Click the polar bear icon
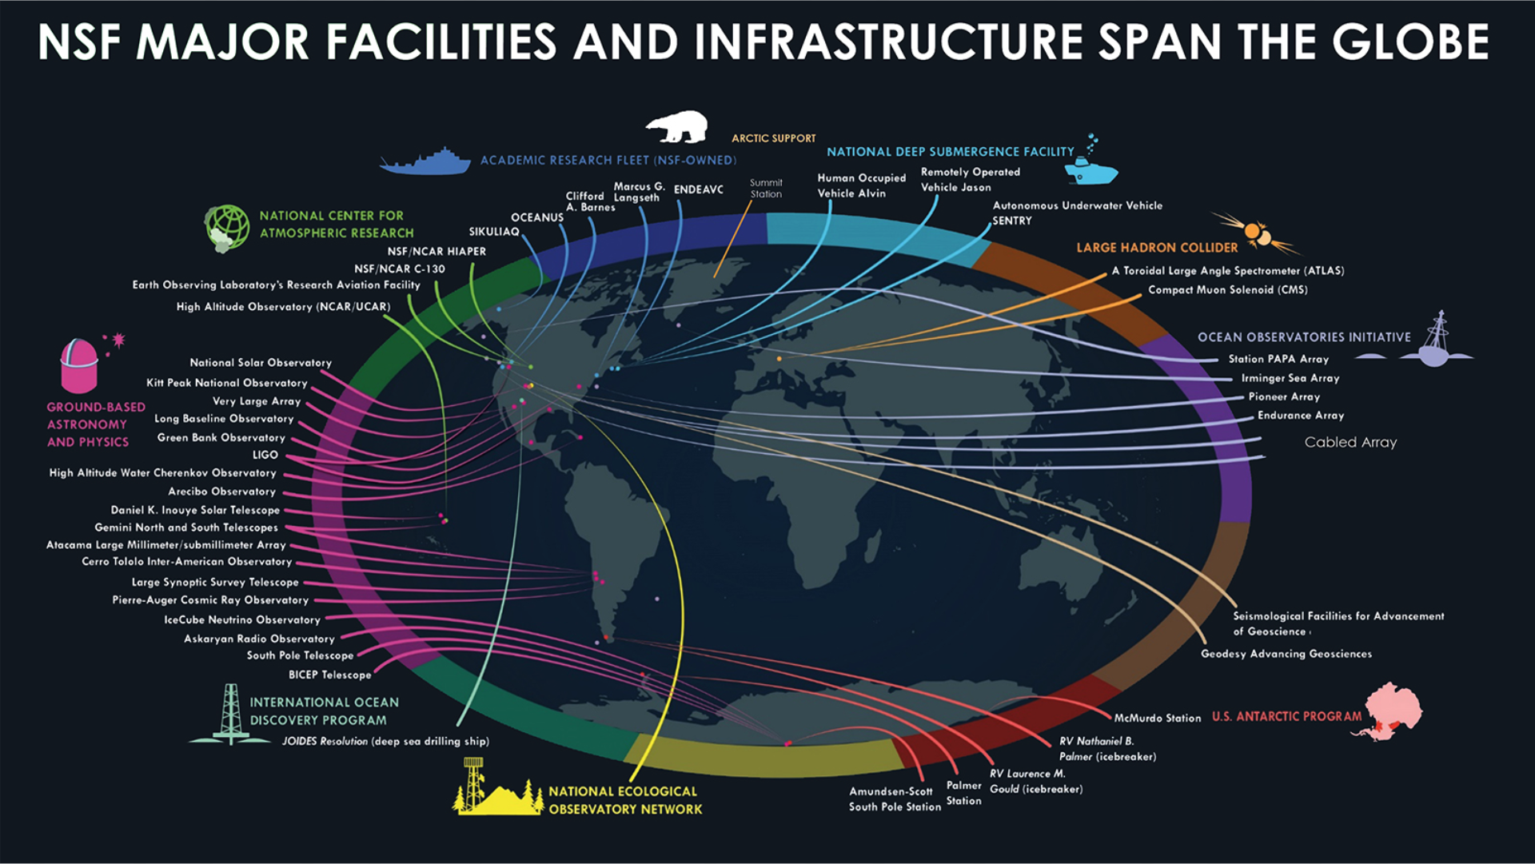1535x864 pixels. tap(677, 126)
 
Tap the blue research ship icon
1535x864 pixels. tap(426, 161)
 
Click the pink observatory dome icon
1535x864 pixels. tap(80, 365)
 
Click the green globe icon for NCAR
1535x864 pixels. tap(227, 227)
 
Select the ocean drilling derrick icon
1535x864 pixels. tap(230, 715)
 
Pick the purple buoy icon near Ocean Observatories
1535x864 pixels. tap(1437, 343)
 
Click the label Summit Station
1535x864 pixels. tap(766, 189)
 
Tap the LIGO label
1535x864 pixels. tap(265, 455)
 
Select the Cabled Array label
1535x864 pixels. tap(1350, 442)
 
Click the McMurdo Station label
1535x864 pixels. tap(1157, 719)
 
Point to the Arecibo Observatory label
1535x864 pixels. tap(221, 492)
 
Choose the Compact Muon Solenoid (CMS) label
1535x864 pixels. tap(1227, 290)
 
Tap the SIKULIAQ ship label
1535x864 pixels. tap(494, 232)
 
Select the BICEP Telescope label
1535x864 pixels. tap(329, 675)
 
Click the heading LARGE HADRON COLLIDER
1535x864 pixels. tap(1157, 248)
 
